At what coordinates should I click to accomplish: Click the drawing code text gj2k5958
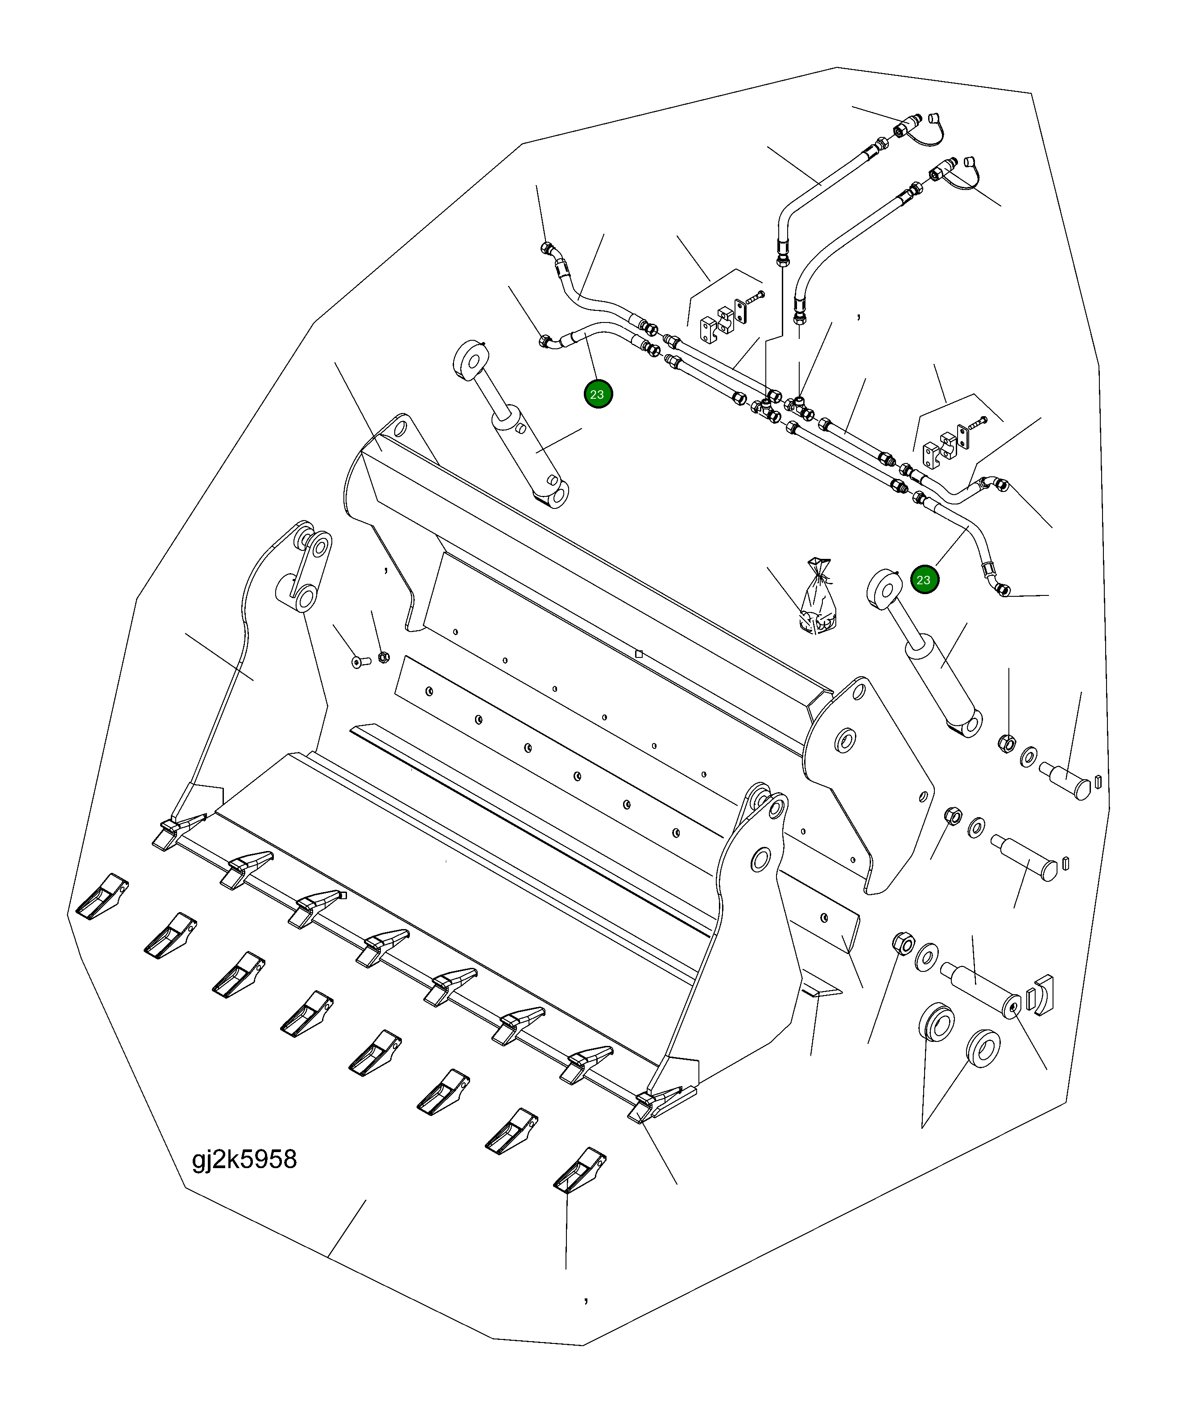(244, 1159)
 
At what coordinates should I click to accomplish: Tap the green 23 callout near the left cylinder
(598, 394)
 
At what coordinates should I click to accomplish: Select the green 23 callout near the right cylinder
(924, 580)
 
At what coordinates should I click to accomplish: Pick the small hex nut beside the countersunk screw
(382, 656)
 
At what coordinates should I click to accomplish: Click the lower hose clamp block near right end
(947, 443)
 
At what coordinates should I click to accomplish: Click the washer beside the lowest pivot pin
(927, 956)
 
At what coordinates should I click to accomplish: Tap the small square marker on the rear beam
(639, 653)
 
